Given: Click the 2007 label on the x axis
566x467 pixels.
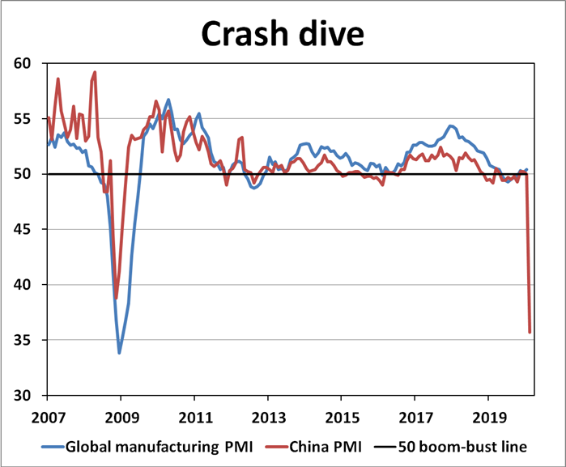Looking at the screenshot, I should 47,420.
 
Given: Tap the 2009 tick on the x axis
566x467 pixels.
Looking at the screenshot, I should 121,420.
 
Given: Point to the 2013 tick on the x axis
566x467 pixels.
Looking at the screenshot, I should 267,420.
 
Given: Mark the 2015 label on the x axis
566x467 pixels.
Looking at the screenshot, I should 341,420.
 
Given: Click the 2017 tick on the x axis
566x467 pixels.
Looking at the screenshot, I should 415,420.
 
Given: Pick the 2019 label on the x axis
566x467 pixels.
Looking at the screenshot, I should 488,420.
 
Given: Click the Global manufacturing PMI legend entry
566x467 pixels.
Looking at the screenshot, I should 137,446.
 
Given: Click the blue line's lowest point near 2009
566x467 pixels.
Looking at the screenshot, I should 120,353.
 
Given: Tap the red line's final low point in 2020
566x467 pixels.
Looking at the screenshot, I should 530,332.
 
